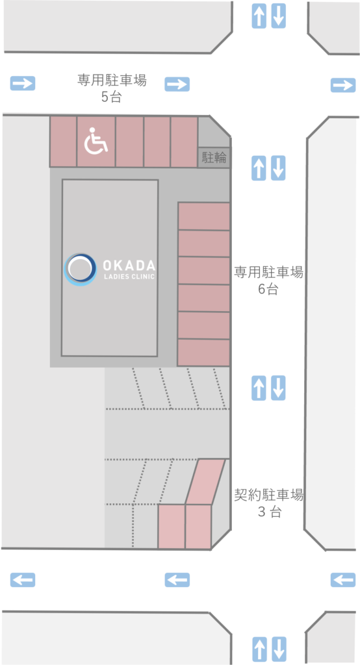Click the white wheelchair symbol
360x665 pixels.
[x=96, y=141]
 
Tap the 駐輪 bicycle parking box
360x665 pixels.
[x=214, y=158]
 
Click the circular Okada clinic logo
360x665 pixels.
[x=80, y=270]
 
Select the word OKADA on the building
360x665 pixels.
[x=129, y=266]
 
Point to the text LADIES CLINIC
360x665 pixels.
[x=129, y=277]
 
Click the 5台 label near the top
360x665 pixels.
[x=112, y=97]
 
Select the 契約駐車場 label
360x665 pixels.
[x=269, y=494]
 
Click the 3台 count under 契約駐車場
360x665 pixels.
[x=270, y=512]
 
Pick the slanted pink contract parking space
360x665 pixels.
[x=205, y=482]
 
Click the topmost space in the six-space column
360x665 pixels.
[x=204, y=216]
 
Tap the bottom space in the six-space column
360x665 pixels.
[x=204, y=353]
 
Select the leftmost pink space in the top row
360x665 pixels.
[x=63, y=141]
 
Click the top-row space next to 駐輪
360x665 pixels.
[x=185, y=142]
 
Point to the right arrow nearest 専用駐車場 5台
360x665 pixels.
[x=177, y=84]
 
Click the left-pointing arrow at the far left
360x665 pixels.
[x=23, y=579]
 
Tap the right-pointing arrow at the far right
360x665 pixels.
[x=343, y=85]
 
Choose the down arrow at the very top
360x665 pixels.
[x=279, y=16]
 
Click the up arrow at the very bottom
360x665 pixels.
[x=259, y=649]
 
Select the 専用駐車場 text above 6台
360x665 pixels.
[x=269, y=272]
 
